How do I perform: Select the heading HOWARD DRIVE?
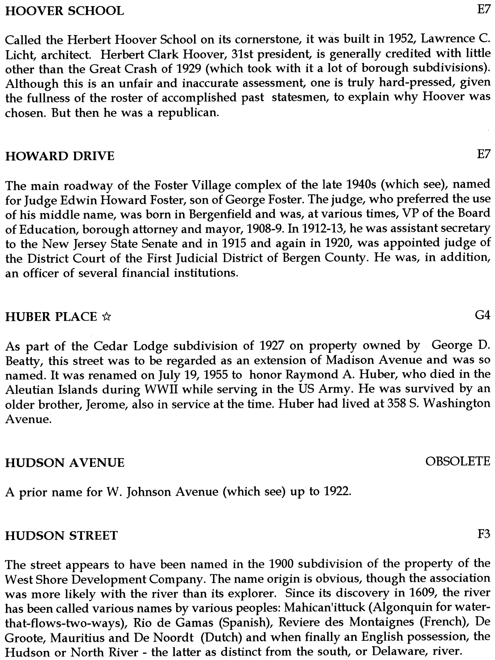60,156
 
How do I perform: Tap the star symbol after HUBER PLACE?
106,317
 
